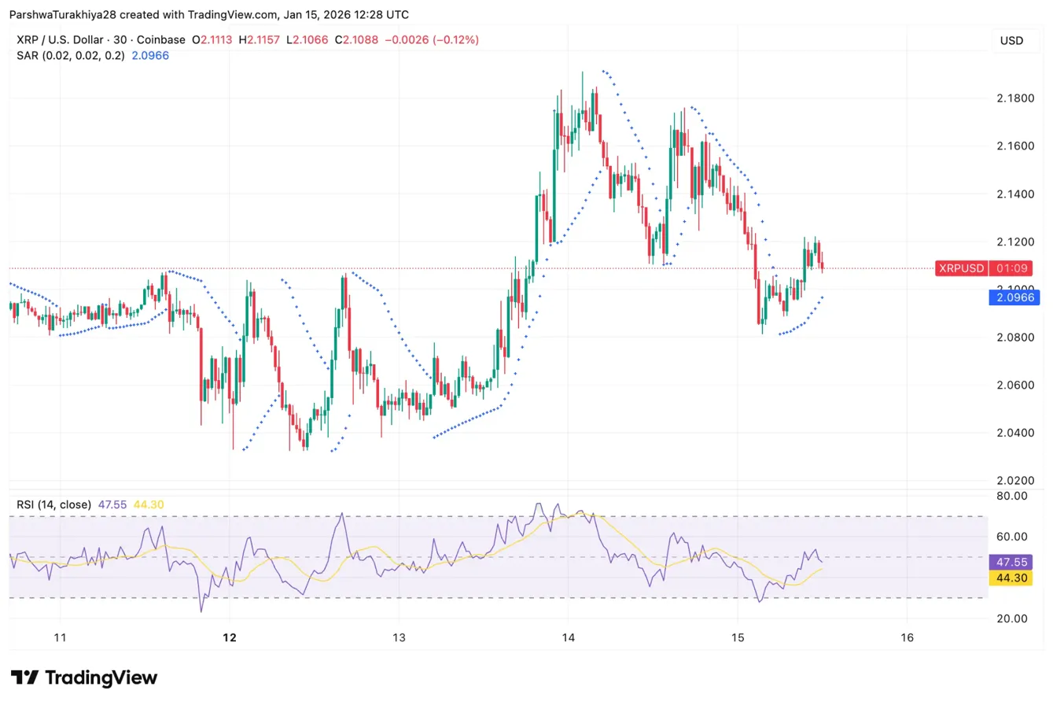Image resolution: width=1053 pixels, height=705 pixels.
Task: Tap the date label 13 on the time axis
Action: point(399,637)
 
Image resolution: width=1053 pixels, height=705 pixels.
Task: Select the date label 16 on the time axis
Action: point(907,637)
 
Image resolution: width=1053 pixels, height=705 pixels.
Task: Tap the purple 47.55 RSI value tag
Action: point(1013,563)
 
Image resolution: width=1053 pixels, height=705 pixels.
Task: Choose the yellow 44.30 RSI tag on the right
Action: point(1013,578)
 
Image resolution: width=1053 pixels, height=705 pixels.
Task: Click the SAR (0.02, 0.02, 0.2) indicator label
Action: point(70,55)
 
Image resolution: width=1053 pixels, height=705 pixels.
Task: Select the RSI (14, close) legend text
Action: point(53,504)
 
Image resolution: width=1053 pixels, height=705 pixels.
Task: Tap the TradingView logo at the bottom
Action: point(84,677)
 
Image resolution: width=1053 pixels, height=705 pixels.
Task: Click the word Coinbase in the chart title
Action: point(161,39)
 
